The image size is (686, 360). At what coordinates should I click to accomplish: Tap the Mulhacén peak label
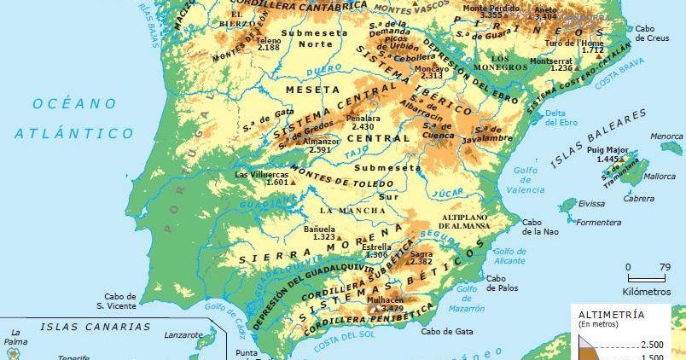point(384,305)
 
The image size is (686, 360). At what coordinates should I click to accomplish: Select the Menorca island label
point(666,136)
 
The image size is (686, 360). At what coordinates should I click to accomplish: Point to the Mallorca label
point(660,177)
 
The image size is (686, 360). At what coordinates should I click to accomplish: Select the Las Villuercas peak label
point(265,178)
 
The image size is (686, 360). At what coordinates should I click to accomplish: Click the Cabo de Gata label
point(447,332)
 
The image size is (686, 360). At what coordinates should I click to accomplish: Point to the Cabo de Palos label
point(503,282)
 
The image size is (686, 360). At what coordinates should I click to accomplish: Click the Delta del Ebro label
point(555,118)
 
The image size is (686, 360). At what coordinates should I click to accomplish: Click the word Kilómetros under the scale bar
point(647,291)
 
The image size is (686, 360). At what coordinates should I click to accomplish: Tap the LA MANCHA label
point(347,210)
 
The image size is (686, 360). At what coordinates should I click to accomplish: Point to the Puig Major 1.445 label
point(612,154)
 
